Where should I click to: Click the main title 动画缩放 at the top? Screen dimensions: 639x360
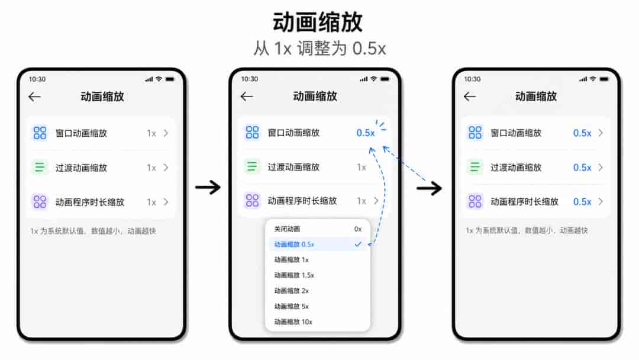pos(318,22)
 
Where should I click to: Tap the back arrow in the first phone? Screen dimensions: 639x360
pos(35,97)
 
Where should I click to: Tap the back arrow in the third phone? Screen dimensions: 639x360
pos(470,97)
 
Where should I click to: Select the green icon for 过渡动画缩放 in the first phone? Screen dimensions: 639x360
pos(40,167)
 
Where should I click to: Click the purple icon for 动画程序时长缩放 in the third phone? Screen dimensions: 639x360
pos(475,201)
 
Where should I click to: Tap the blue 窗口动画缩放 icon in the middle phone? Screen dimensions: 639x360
pos(252,133)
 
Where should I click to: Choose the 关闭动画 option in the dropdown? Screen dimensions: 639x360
pos(287,229)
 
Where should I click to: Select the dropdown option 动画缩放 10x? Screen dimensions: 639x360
pos(293,322)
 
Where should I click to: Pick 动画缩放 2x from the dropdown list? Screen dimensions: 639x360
pos(291,291)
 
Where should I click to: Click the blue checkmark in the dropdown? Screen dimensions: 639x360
pos(358,244)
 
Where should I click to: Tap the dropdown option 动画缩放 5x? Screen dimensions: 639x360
pos(291,306)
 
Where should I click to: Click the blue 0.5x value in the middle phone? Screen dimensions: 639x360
pos(366,133)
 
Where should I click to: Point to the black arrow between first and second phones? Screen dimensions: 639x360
pos(208,188)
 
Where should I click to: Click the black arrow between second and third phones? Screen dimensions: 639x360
pos(429,188)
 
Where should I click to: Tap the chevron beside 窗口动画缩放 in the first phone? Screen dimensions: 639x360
pos(166,133)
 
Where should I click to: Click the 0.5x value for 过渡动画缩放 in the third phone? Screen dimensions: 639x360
pos(582,168)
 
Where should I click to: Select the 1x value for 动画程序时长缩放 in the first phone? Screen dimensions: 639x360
pos(151,202)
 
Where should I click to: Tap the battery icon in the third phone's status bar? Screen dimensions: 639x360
pos(604,79)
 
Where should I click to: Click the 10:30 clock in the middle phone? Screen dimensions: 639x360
pos(250,79)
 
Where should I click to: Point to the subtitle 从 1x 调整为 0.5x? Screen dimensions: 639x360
pos(319,49)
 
